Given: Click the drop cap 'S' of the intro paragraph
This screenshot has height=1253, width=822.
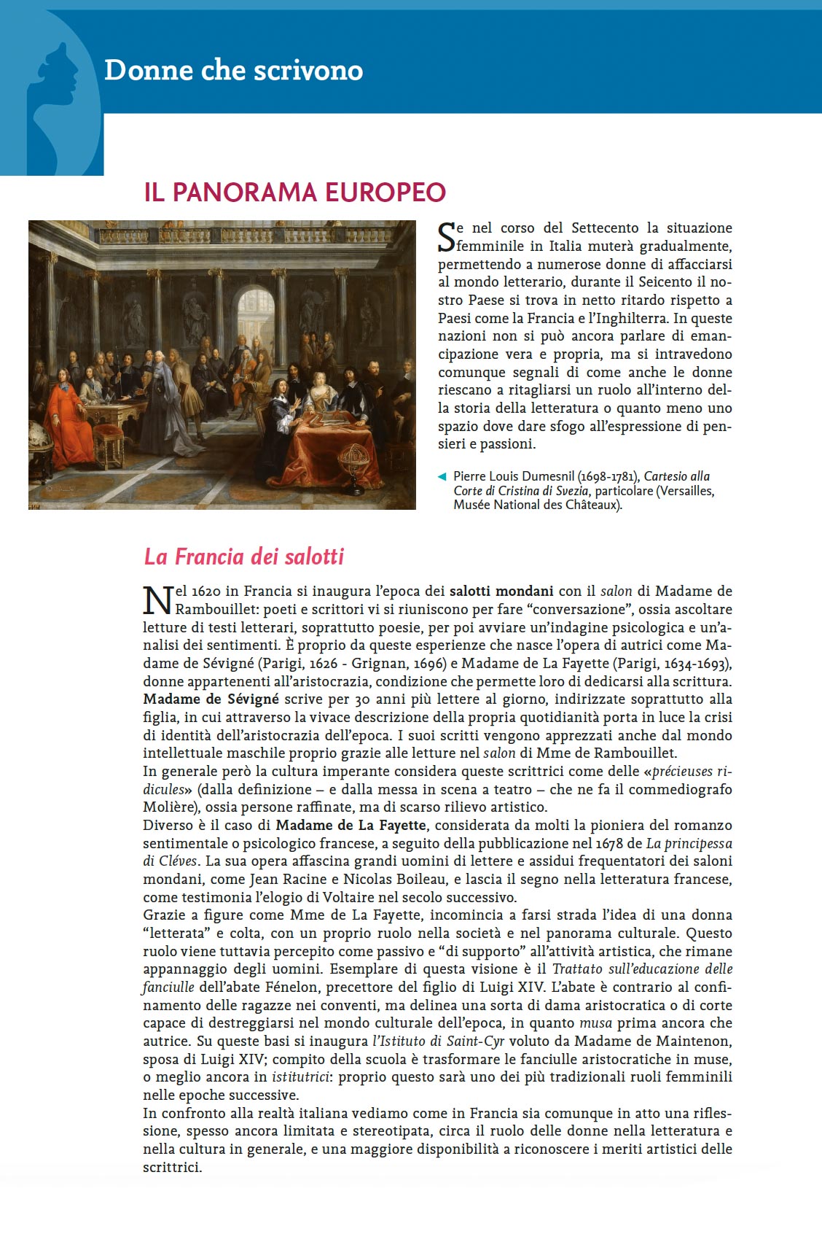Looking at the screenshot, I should [446, 236].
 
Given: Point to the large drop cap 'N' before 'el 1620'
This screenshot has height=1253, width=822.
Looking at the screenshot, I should [157, 600].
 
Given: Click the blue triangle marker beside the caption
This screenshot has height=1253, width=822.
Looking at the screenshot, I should [442, 477].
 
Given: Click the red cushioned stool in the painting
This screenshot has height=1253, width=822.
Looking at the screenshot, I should [109, 444].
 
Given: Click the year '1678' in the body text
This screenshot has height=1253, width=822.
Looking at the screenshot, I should [609, 843].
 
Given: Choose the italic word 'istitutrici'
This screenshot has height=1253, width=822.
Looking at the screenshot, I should [300, 1077].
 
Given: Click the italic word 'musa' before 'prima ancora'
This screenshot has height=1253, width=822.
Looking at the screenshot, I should [595, 1023].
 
